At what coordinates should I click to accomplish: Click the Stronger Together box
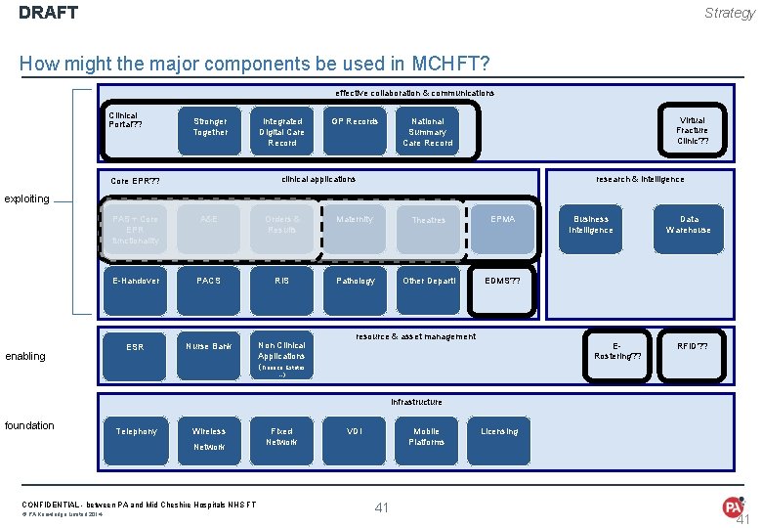click(210, 128)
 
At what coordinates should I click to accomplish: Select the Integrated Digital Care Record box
click(282, 132)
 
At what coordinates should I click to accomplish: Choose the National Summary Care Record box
click(428, 132)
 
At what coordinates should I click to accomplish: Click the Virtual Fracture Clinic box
click(692, 130)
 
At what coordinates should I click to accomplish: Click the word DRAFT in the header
click(48, 14)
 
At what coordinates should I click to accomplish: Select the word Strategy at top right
click(730, 13)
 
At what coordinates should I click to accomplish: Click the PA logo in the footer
click(733, 506)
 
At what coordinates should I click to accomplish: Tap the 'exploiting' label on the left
click(27, 198)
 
